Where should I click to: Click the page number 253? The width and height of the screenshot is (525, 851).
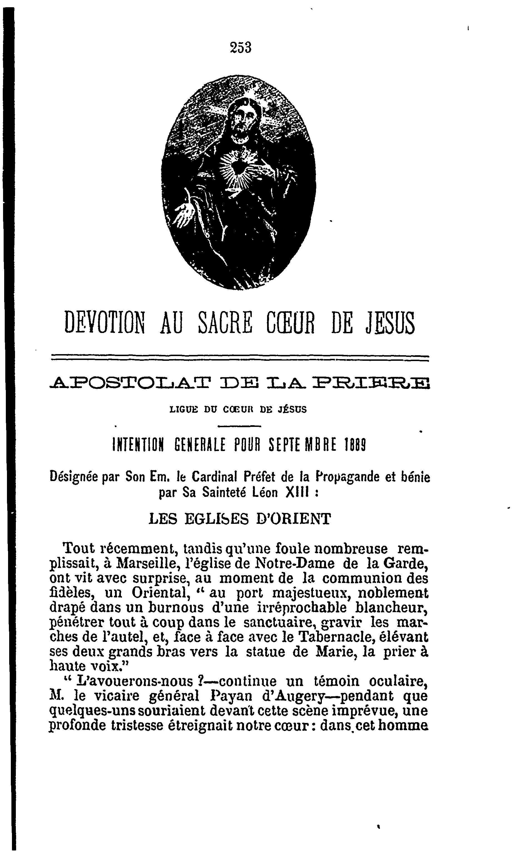click(240, 47)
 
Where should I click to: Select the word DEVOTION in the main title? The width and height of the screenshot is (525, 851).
click(104, 323)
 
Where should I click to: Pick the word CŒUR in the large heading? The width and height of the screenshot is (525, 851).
click(290, 323)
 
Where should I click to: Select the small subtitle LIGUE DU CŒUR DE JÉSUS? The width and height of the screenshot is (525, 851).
click(238, 410)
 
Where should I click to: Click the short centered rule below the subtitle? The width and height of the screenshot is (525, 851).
click(240, 426)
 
